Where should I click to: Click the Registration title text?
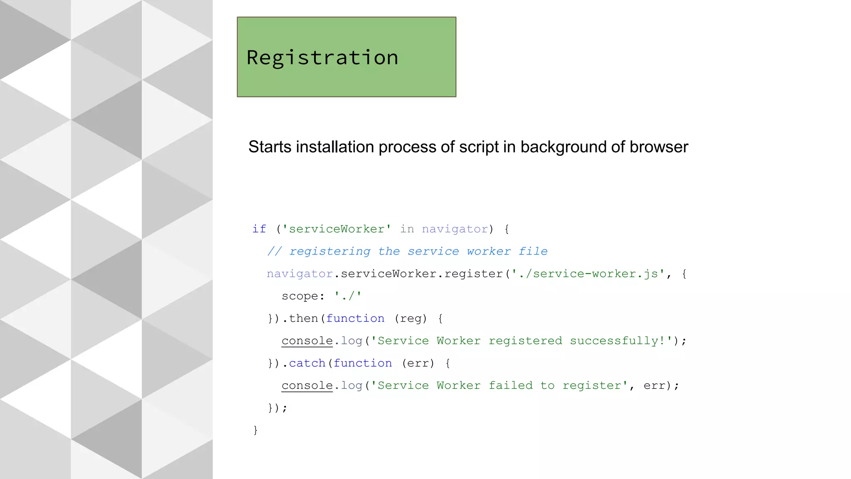[322, 58]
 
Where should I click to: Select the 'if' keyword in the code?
[259, 229]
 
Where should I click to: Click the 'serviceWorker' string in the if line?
[337, 229]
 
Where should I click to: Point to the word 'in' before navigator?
[407, 229]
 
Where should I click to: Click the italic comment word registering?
[330, 252]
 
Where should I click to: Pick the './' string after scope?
[348, 296]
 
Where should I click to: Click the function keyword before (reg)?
[355, 319]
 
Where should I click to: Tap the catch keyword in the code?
[307, 363]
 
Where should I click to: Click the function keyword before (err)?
[363, 363]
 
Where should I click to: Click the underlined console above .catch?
[307, 341]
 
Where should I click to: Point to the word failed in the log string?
[510, 386]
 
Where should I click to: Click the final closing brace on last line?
[256, 430]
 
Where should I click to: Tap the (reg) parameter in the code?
[411, 319]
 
